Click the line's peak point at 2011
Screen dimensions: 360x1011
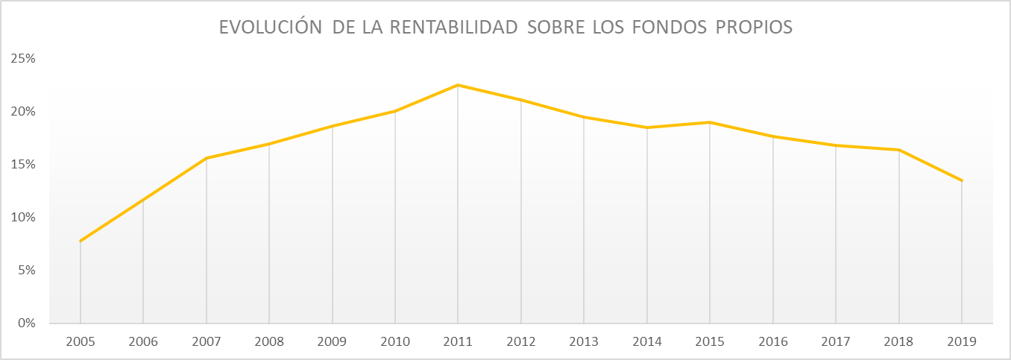(x=458, y=85)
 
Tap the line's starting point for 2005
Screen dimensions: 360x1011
(x=80, y=241)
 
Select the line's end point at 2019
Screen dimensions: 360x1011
(x=962, y=180)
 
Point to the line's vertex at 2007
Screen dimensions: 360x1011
(x=206, y=158)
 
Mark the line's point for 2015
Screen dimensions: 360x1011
(x=710, y=122)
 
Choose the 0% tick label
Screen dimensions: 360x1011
(x=26, y=323)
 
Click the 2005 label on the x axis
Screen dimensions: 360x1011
(x=80, y=341)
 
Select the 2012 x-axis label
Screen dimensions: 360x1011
(x=520, y=341)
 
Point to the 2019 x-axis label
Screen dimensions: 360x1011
(x=962, y=341)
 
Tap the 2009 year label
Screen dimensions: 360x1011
(x=332, y=341)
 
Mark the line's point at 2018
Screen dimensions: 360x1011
(x=899, y=150)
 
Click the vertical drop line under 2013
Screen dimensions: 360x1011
(x=584, y=224)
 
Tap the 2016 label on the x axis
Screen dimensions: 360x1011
(x=772, y=341)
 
